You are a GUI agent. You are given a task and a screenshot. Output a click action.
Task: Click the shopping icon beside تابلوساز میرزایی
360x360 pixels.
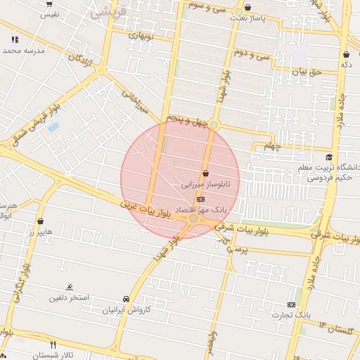point(205,173)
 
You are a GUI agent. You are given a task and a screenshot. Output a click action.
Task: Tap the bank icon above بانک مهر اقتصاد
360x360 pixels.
point(202,200)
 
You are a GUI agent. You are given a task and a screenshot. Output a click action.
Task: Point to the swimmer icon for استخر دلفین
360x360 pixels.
point(69,287)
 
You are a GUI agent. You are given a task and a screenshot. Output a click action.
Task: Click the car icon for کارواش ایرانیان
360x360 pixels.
point(126,298)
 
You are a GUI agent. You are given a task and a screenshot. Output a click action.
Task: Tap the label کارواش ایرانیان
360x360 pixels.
point(127,309)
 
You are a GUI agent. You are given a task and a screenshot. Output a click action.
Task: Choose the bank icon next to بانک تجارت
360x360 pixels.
point(291,304)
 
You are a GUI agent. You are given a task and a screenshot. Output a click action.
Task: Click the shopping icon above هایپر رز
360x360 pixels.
point(40,221)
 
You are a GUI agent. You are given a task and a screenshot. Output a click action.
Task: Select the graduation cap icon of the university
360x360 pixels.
point(329,157)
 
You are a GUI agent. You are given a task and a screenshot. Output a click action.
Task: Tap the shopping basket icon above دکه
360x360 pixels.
point(346,54)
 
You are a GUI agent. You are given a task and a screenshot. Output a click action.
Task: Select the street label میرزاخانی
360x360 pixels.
point(136,101)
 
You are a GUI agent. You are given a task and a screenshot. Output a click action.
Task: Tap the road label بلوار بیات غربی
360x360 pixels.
point(146,211)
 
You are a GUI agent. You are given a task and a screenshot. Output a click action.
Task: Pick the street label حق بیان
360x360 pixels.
point(307,72)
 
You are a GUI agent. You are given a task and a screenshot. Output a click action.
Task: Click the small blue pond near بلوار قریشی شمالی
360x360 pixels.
point(53,127)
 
